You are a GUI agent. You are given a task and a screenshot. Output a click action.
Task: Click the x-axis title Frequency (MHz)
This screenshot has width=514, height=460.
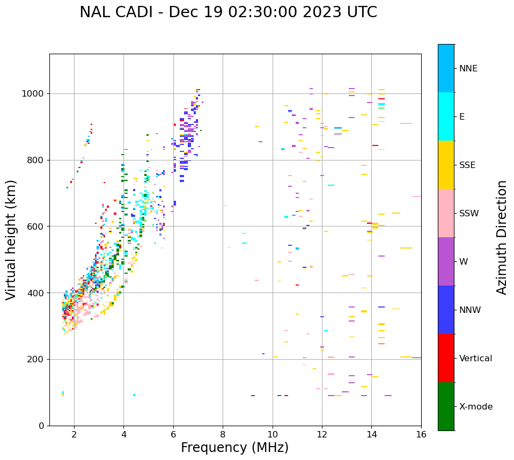[x=234, y=448]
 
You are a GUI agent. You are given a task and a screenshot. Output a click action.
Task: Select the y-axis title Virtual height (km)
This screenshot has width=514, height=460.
[x=11, y=240]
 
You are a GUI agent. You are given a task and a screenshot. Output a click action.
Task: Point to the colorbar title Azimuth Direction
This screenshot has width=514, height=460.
[x=502, y=237]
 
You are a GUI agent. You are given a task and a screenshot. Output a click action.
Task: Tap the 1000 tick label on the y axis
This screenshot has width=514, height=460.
[x=33, y=94]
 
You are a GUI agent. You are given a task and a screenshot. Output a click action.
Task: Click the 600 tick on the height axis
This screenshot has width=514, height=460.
[x=36, y=227]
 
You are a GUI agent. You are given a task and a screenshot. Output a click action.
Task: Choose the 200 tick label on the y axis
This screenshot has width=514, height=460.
[x=36, y=359]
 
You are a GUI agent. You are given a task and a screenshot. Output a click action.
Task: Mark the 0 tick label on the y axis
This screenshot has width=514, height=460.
[x=42, y=426]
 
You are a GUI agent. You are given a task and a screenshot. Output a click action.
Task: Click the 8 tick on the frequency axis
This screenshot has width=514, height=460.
[x=223, y=434]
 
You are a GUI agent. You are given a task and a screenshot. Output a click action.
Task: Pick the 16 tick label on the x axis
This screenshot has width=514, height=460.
[x=421, y=434]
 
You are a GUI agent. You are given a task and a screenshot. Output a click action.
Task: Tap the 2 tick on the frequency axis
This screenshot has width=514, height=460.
[x=74, y=434]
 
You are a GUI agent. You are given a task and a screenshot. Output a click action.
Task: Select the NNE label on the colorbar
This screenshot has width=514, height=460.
[x=468, y=69]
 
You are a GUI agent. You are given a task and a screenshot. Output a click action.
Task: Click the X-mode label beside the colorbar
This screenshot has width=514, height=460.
[x=476, y=407]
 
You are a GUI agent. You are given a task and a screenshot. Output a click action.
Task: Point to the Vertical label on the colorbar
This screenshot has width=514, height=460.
[x=475, y=359]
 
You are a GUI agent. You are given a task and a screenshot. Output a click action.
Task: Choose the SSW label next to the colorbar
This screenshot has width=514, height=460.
[x=469, y=214]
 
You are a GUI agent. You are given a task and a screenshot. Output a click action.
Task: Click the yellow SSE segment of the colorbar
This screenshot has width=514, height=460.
[x=446, y=165]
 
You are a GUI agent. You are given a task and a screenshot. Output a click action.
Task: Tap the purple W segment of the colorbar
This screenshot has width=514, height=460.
[x=446, y=261]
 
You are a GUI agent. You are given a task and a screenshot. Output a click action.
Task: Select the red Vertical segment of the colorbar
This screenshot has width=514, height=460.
[x=446, y=358]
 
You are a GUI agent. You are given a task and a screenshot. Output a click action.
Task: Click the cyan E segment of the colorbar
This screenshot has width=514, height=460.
[x=446, y=116]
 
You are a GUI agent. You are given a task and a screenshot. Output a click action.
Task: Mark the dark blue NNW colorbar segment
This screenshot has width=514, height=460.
[x=446, y=310]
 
